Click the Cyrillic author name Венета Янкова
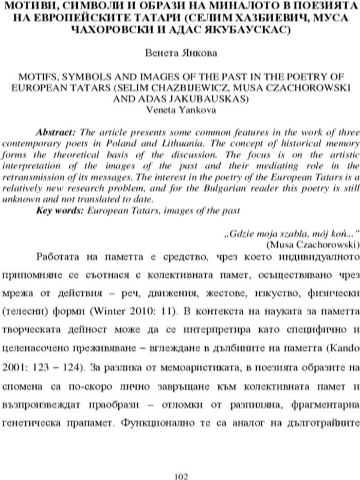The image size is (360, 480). pos(181,53)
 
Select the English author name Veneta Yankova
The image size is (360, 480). pos(181,110)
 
